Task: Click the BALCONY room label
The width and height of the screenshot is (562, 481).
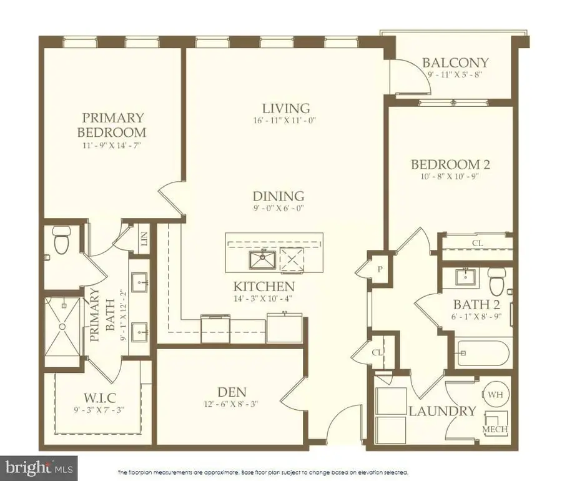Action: pos(455,62)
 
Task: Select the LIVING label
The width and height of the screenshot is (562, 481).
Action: pos(286,107)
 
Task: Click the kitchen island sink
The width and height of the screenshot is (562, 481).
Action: pos(262,259)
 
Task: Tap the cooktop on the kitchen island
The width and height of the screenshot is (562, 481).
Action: pos(291,259)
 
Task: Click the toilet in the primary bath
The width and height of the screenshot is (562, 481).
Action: pos(62,241)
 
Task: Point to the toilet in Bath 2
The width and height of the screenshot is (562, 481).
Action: pos(497,282)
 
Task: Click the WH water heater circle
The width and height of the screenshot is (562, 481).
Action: pos(494,394)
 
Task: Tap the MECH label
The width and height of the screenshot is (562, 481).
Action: pos(495,430)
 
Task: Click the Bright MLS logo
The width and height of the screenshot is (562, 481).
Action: pos(39,467)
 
